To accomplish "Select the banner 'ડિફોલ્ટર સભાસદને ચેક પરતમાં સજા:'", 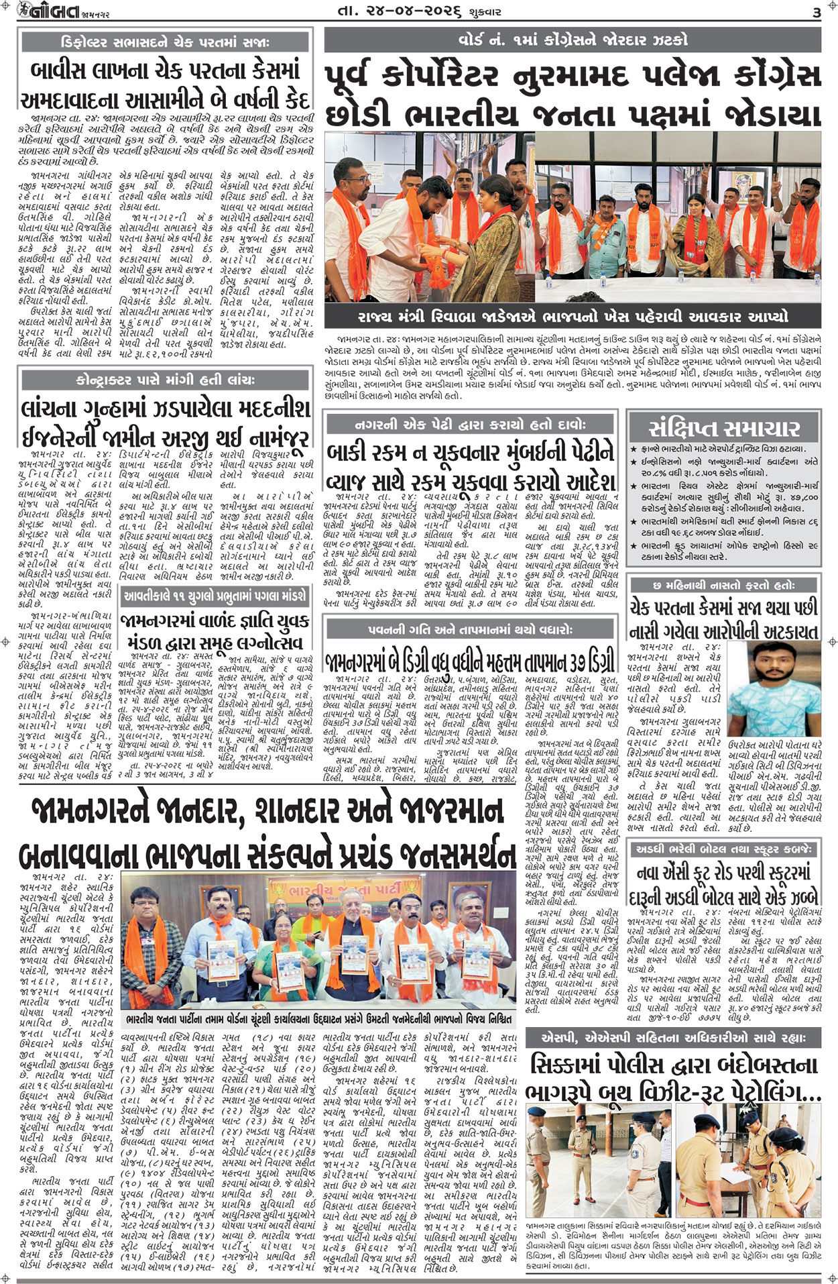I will tap(165, 42).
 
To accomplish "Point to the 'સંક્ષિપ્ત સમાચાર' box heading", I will tap(724, 428).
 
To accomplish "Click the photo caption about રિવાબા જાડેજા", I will tap(572, 317).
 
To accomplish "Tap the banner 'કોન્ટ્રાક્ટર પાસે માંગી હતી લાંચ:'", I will tap(165, 380).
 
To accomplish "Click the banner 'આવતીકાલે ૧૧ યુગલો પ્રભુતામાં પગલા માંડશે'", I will tap(214, 595).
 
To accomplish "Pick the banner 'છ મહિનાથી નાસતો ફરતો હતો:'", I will tap(724, 586).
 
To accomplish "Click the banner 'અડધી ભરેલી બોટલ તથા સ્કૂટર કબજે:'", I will tap(724, 849).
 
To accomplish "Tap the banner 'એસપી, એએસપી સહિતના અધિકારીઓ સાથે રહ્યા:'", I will tap(673, 1038).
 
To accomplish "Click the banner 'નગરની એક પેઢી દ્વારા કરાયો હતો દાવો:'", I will tap(470, 424).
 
